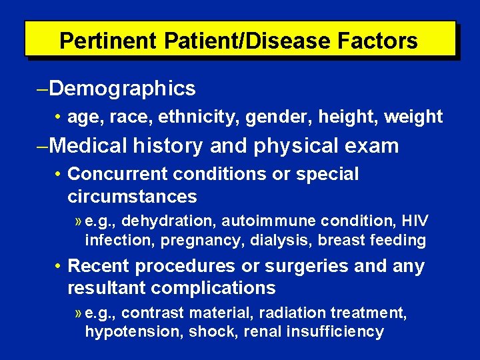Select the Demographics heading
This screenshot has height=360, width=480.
coord(123,88)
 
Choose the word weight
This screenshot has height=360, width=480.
coord(415,117)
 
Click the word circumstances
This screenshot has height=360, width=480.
coord(132,196)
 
